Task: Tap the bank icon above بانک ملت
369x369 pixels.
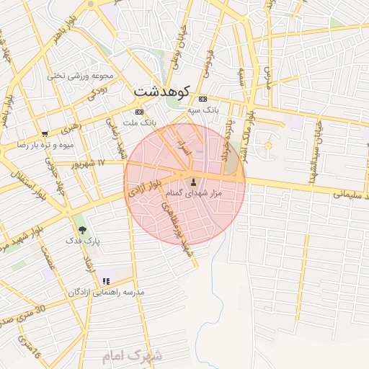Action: click(139, 112)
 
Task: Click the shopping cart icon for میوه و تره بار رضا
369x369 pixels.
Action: click(45, 133)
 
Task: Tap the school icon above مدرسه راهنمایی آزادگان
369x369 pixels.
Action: click(106, 280)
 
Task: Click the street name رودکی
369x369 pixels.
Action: click(97, 93)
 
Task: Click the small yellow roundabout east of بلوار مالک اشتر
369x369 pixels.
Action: click(268, 146)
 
